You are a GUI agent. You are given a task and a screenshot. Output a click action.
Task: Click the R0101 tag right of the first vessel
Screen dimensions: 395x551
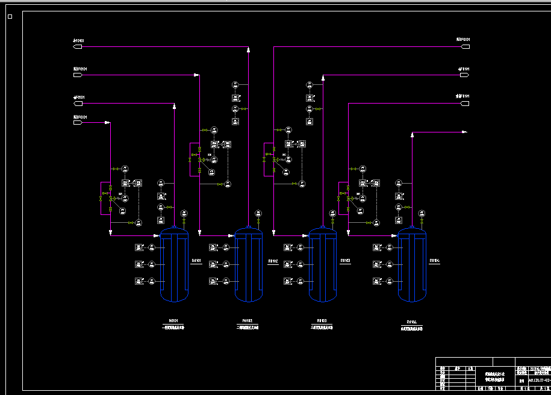pyautogui.click(x=196, y=261)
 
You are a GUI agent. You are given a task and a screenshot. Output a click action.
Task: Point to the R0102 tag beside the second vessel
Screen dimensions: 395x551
pyautogui.click(x=273, y=261)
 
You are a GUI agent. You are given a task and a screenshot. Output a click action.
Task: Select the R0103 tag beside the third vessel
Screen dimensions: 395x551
pyautogui.click(x=346, y=261)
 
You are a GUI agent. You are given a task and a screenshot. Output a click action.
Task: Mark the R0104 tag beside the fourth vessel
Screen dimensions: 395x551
pyautogui.click(x=435, y=261)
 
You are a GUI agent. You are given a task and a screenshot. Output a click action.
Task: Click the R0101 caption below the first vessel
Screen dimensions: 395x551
pyautogui.click(x=173, y=321)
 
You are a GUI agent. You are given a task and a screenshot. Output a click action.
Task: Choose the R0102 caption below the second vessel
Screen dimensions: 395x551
pyautogui.click(x=247, y=321)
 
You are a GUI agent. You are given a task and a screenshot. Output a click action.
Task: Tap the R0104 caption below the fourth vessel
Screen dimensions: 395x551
pyautogui.click(x=412, y=322)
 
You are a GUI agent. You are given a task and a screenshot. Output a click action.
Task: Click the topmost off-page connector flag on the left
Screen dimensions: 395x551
pyautogui.click(x=78, y=46)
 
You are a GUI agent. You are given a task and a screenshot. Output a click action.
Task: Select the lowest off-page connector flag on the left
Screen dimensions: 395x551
pyautogui.click(x=78, y=122)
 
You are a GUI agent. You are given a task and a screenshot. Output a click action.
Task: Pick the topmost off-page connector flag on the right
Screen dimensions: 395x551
pyautogui.click(x=464, y=46)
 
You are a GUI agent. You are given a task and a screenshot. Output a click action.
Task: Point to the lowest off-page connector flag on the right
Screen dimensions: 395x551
pyautogui.click(x=464, y=103)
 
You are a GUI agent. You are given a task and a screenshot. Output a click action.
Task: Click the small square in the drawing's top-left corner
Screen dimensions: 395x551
pyautogui.click(x=10, y=17)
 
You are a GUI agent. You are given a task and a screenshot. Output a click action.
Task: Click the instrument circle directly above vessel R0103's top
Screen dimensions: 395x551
pyautogui.click(x=332, y=213)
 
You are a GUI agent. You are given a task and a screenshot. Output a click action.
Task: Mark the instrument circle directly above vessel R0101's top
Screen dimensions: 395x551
pyautogui.click(x=183, y=213)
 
